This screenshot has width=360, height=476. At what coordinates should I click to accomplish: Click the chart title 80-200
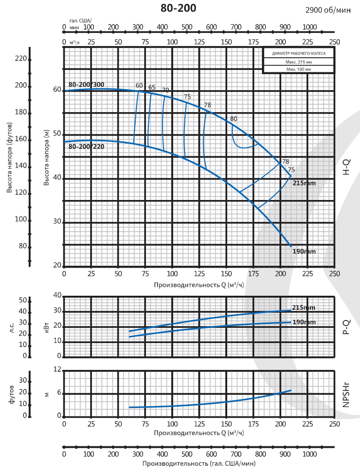pyautogui.click(x=178, y=8)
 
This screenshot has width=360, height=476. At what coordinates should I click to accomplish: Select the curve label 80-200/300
pyautogui.click(x=86, y=84)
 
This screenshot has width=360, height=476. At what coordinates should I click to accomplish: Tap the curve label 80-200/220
pyautogui.click(x=86, y=147)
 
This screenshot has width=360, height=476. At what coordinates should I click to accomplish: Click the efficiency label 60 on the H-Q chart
pyautogui.click(x=139, y=85)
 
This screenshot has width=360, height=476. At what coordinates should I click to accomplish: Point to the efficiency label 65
pyautogui.click(x=152, y=87)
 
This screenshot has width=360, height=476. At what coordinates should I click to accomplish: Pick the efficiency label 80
pyautogui.click(x=234, y=118)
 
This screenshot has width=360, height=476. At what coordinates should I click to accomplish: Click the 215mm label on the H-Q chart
pyautogui.click(x=304, y=182)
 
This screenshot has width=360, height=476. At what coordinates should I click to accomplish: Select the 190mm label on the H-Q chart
pyautogui.click(x=304, y=252)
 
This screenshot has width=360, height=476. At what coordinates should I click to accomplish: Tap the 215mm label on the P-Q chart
pyautogui.click(x=304, y=307)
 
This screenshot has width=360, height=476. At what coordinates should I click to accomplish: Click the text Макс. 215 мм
pyautogui.click(x=299, y=62)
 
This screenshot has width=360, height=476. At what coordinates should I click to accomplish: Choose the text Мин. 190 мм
pyautogui.click(x=299, y=69)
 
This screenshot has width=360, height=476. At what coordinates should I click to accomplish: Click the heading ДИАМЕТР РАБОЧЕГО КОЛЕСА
pyautogui.click(x=299, y=54)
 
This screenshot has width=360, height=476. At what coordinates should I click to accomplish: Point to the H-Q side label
pyautogui.click(x=346, y=167)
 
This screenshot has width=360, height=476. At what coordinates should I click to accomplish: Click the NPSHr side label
pyautogui.click(x=346, y=394)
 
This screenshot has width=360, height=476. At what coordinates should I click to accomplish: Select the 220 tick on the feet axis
pyautogui.click(x=21, y=59)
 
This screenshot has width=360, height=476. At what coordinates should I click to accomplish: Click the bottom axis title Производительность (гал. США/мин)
pyautogui.click(x=199, y=463)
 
